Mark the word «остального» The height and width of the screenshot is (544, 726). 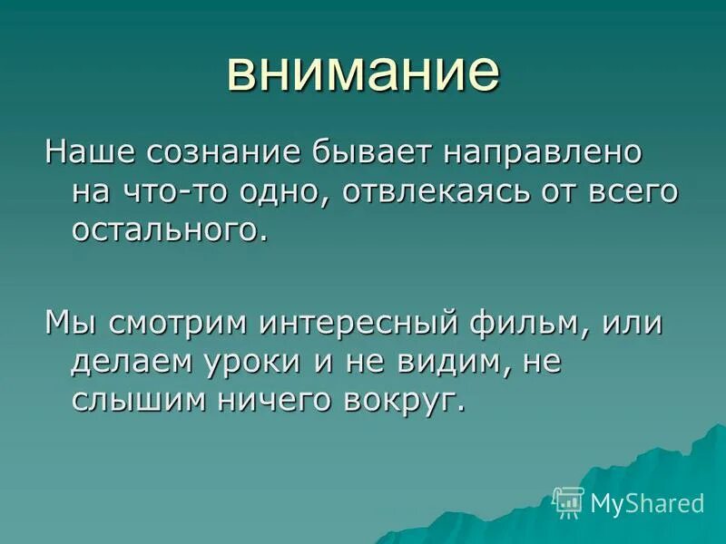coord(169,229)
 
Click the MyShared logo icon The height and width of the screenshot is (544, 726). coord(568,501)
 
